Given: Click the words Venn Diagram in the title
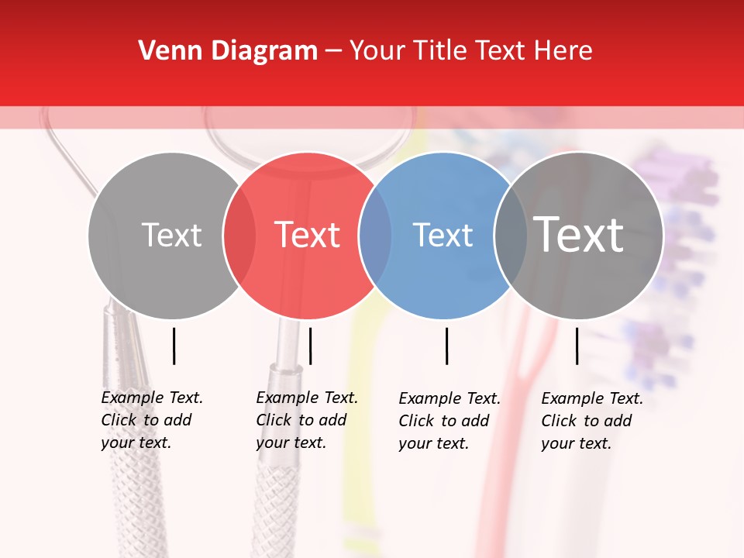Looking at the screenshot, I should coord(228,51).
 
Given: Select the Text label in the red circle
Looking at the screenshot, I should coord(308,235).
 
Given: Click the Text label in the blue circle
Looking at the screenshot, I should coord(443,235).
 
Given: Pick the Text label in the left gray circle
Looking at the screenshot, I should coord(171,235).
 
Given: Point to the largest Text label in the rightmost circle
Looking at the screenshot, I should coord(579,234).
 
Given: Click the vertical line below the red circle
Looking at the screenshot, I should coord(310,346).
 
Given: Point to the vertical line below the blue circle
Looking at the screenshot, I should coord(446,346).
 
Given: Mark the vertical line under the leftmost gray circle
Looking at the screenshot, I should coord(174,346).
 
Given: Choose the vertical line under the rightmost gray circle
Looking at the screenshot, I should coord(577,346).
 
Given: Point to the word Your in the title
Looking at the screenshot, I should coord(378,51).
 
